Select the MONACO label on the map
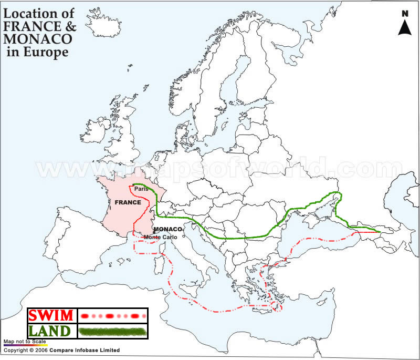167,230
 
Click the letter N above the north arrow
404,14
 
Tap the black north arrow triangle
404,27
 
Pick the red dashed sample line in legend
113,316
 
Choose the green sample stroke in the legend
113,331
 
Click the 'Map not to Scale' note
25,342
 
